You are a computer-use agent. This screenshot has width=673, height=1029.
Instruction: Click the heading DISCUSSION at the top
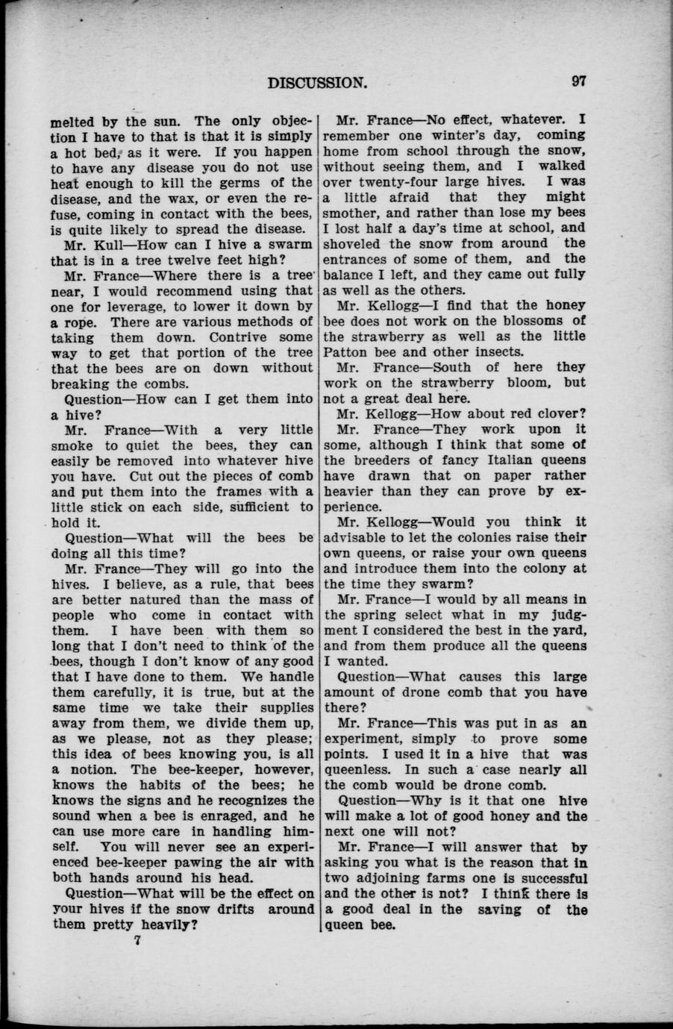click(x=317, y=82)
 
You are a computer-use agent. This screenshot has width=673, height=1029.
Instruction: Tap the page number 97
click(x=577, y=81)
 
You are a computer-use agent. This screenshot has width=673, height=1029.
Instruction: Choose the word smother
click(x=351, y=212)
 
